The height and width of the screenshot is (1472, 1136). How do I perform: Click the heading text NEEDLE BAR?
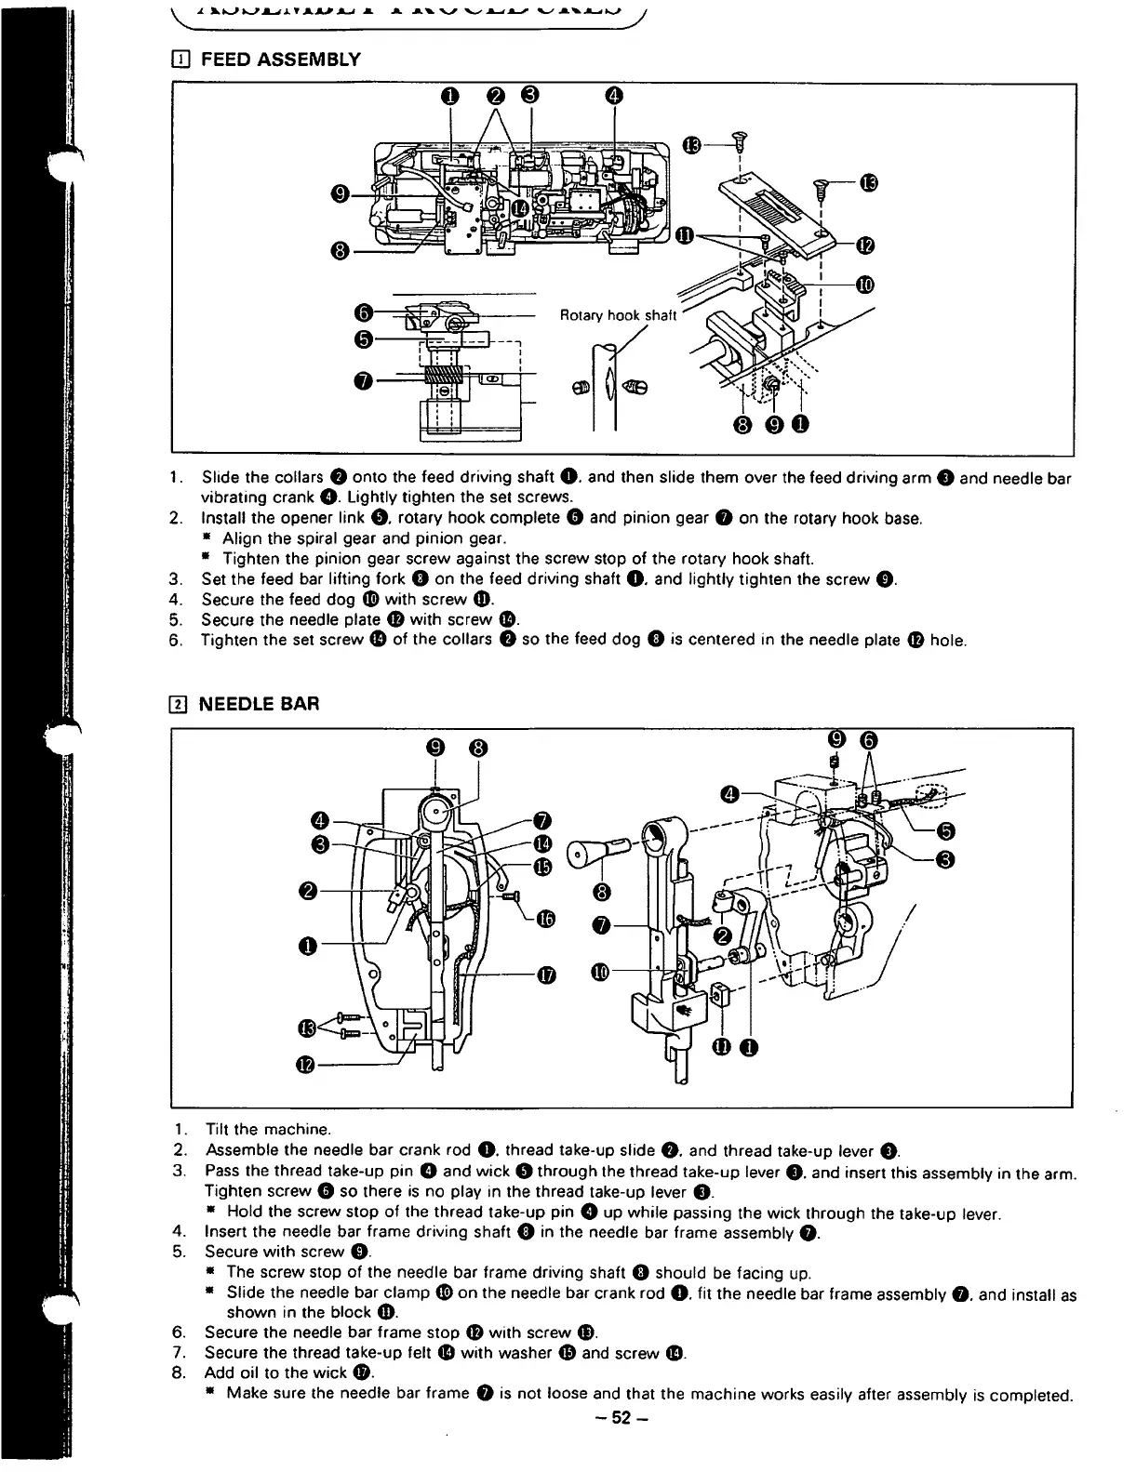click(260, 704)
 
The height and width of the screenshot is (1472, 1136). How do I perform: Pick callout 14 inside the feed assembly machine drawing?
click(519, 206)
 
